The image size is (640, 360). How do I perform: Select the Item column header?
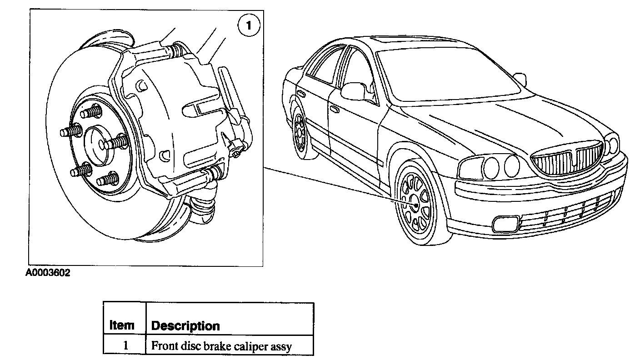(x=122, y=325)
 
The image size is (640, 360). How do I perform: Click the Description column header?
(x=185, y=326)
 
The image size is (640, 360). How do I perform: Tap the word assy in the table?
(x=282, y=346)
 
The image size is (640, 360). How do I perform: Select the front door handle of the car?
(x=335, y=110)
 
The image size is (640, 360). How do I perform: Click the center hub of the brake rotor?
(x=97, y=143)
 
